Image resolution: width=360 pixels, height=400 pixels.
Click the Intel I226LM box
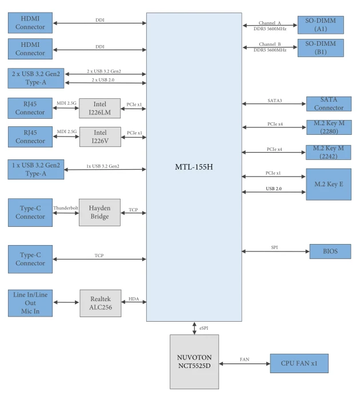(100, 108)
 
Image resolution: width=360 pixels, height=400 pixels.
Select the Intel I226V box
(100, 137)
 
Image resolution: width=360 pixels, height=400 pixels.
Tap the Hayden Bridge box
(100, 212)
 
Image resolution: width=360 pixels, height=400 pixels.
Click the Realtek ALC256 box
(101, 303)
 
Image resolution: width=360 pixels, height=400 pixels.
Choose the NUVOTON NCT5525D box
(194, 362)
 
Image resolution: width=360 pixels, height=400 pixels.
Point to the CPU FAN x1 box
(299, 363)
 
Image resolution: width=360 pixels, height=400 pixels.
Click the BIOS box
(330, 251)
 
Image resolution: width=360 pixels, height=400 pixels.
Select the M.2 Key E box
(329, 184)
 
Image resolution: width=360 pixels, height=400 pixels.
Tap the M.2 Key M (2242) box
(329, 153)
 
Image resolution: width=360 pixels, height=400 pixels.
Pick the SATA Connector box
(329, 104)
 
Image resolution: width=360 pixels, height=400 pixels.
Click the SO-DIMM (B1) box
(321, 47)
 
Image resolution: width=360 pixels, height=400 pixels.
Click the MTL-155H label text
(194, 167)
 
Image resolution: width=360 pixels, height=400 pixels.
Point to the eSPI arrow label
(203, 328)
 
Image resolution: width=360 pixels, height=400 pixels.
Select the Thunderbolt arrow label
(66, 208)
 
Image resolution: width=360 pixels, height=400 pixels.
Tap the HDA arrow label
(134, 299)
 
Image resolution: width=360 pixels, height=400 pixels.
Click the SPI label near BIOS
(274, 247)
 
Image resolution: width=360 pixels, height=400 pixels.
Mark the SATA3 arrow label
(275, 101)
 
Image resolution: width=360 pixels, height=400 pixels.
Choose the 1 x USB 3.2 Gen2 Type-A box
(36, 169)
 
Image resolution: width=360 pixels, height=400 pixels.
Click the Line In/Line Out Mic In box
(30, 303)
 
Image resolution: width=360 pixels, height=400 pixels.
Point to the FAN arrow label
(245, 359)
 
